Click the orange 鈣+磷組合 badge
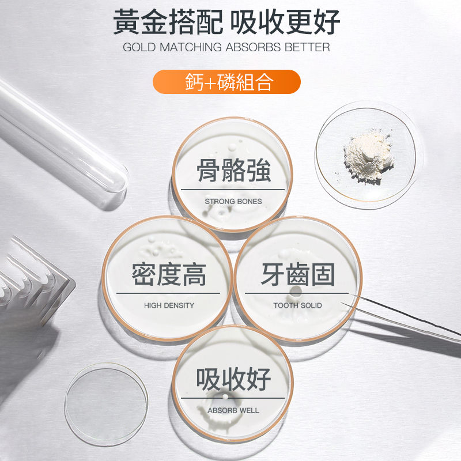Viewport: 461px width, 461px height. [x=226, y=82]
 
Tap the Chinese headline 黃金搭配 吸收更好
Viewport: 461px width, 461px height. [x=226, y=23]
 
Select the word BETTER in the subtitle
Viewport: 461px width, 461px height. [x=307, y=47]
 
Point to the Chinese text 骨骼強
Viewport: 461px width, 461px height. [x=233, y=171]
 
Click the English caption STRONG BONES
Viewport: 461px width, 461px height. [x=233, y=201]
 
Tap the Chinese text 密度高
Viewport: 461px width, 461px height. [x=169, y=274]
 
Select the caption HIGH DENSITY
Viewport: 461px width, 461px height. [x=169, y=305]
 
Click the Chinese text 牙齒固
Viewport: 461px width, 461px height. [x=297, y=274]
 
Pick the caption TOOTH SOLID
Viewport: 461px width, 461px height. [x=297, y=305]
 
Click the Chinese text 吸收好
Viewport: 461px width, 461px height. [x=233, y=379]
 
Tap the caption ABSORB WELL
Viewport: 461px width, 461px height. [x=233, y=410]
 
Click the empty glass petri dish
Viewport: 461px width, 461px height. [x=105, y=403]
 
